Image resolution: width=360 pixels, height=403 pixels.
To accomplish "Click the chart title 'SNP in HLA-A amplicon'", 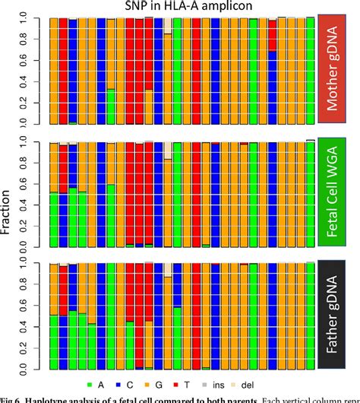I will coord(180,6).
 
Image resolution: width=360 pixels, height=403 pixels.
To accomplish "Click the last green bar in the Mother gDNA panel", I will coord(310,71).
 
